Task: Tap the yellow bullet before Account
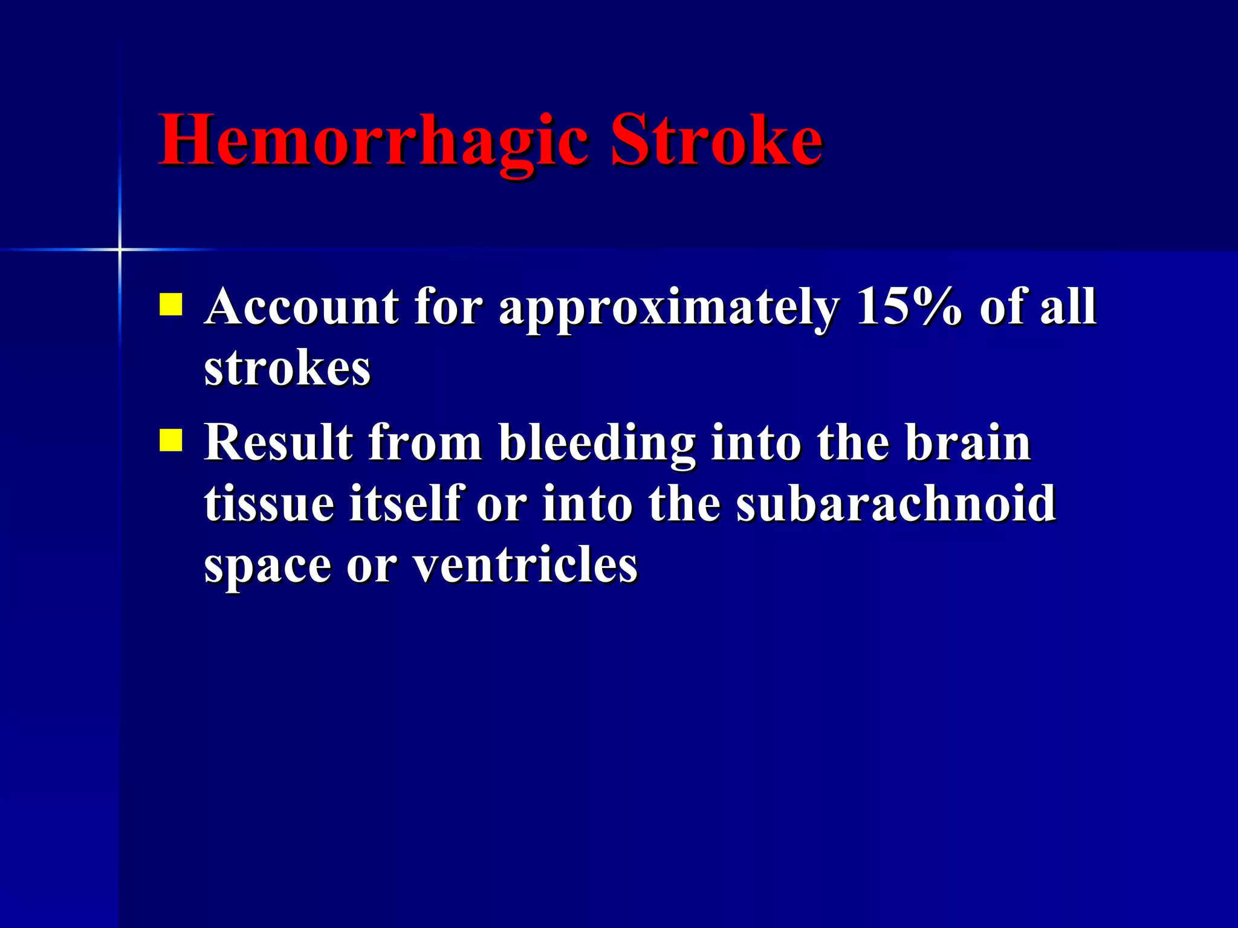click(170, 304)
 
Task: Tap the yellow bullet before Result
click(170, 440)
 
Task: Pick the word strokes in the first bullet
click(287, 369)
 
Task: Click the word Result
click(279, 443)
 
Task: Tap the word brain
click(967, 443)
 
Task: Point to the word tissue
click(268, 504)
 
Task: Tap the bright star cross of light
click(120, 249)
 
